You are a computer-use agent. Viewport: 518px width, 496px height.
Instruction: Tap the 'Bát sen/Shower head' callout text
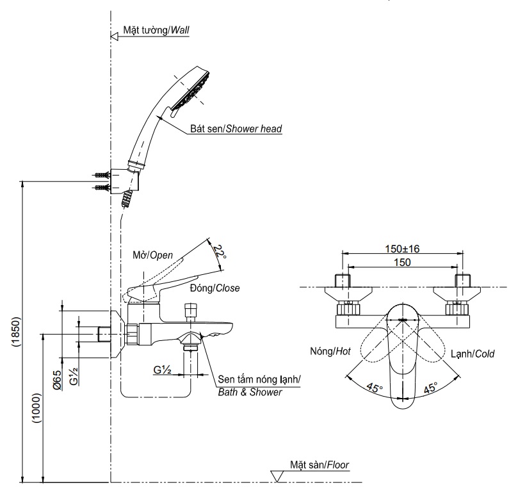pos(236,129)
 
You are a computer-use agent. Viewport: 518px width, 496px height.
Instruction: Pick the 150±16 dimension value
pos(401,249)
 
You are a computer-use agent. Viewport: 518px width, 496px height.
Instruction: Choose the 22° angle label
pos(219,252)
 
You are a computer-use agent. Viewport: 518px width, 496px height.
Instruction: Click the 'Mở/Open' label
pos(152,254)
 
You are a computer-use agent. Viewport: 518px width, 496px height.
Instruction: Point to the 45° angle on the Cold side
pos(430,388)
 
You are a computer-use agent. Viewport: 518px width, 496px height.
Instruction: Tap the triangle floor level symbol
pos(278,475)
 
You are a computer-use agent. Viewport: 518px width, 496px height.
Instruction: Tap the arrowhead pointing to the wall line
pos(116,36)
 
